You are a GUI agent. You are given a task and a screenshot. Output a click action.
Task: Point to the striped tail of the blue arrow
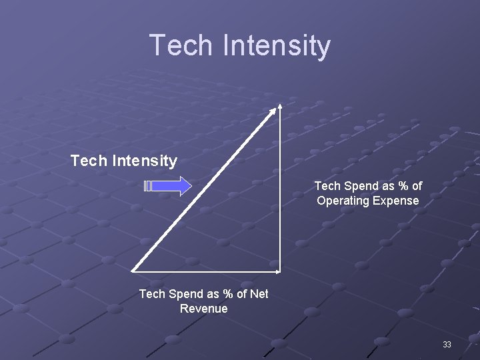pyautogui.click(x=148, y=186)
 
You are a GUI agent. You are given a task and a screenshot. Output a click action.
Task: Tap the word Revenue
pyautogui.click(x=203, y=309)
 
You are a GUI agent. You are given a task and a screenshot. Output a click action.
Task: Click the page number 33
pyautogui.click(x=447, y=345)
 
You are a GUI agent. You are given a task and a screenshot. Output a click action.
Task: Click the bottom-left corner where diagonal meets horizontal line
pyautogui.click(x=133, y=271)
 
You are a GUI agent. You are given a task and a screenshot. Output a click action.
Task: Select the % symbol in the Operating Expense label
pyautogui.click(x=400, y=186)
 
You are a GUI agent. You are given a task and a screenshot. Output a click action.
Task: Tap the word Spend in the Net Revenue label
pyautogui.click(x=183, y=294)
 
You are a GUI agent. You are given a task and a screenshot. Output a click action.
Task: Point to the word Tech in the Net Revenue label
pyautogui.click(x=151, y=294)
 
